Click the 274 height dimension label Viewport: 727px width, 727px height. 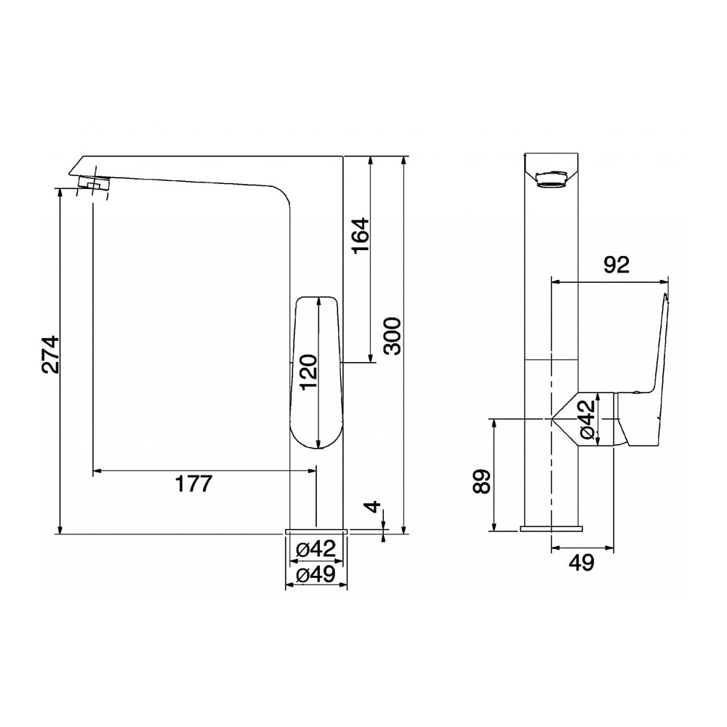[x=49, y=354]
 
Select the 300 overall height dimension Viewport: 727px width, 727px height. [x=393, y=336]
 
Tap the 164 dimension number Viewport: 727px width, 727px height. [x=361, y=235]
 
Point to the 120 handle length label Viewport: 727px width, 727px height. [x=308, y=372]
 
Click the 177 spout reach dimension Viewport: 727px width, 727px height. [x=193, y=483]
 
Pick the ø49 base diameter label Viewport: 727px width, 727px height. [x=316, y=575]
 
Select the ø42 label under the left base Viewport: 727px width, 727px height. [x=316, y=550]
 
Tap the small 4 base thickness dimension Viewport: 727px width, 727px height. [x=374, y=507]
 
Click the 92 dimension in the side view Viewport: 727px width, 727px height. [x=616, y=265]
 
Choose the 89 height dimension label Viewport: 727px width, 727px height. [x=482, y=482]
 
